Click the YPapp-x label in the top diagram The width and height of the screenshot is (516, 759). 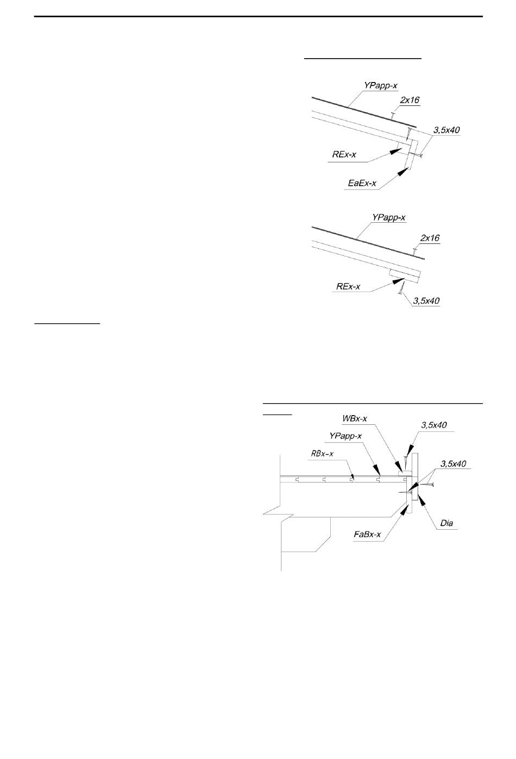(380, 85)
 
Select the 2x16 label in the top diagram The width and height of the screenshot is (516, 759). (410, 100)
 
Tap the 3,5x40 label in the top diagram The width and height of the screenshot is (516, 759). (446, 130)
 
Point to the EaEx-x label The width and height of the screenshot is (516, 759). (362, 183)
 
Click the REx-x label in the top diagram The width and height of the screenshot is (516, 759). (344, 154)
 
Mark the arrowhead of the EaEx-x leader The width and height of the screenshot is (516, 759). (403, 172)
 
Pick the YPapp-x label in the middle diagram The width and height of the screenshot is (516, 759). (388, 217)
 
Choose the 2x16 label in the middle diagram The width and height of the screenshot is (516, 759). (430, 238)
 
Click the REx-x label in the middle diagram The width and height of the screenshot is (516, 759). (348, 286)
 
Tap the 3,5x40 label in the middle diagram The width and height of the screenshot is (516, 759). (426, 300)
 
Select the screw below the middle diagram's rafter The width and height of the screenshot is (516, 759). (402, 289)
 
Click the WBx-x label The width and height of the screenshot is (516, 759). (355, 418)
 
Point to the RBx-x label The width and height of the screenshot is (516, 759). (322, 454)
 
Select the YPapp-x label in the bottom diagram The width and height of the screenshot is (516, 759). (345, 436)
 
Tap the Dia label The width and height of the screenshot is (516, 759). (446, 523)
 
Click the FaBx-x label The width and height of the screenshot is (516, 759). (367, 535)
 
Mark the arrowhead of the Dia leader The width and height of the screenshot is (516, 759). (421, 499)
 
